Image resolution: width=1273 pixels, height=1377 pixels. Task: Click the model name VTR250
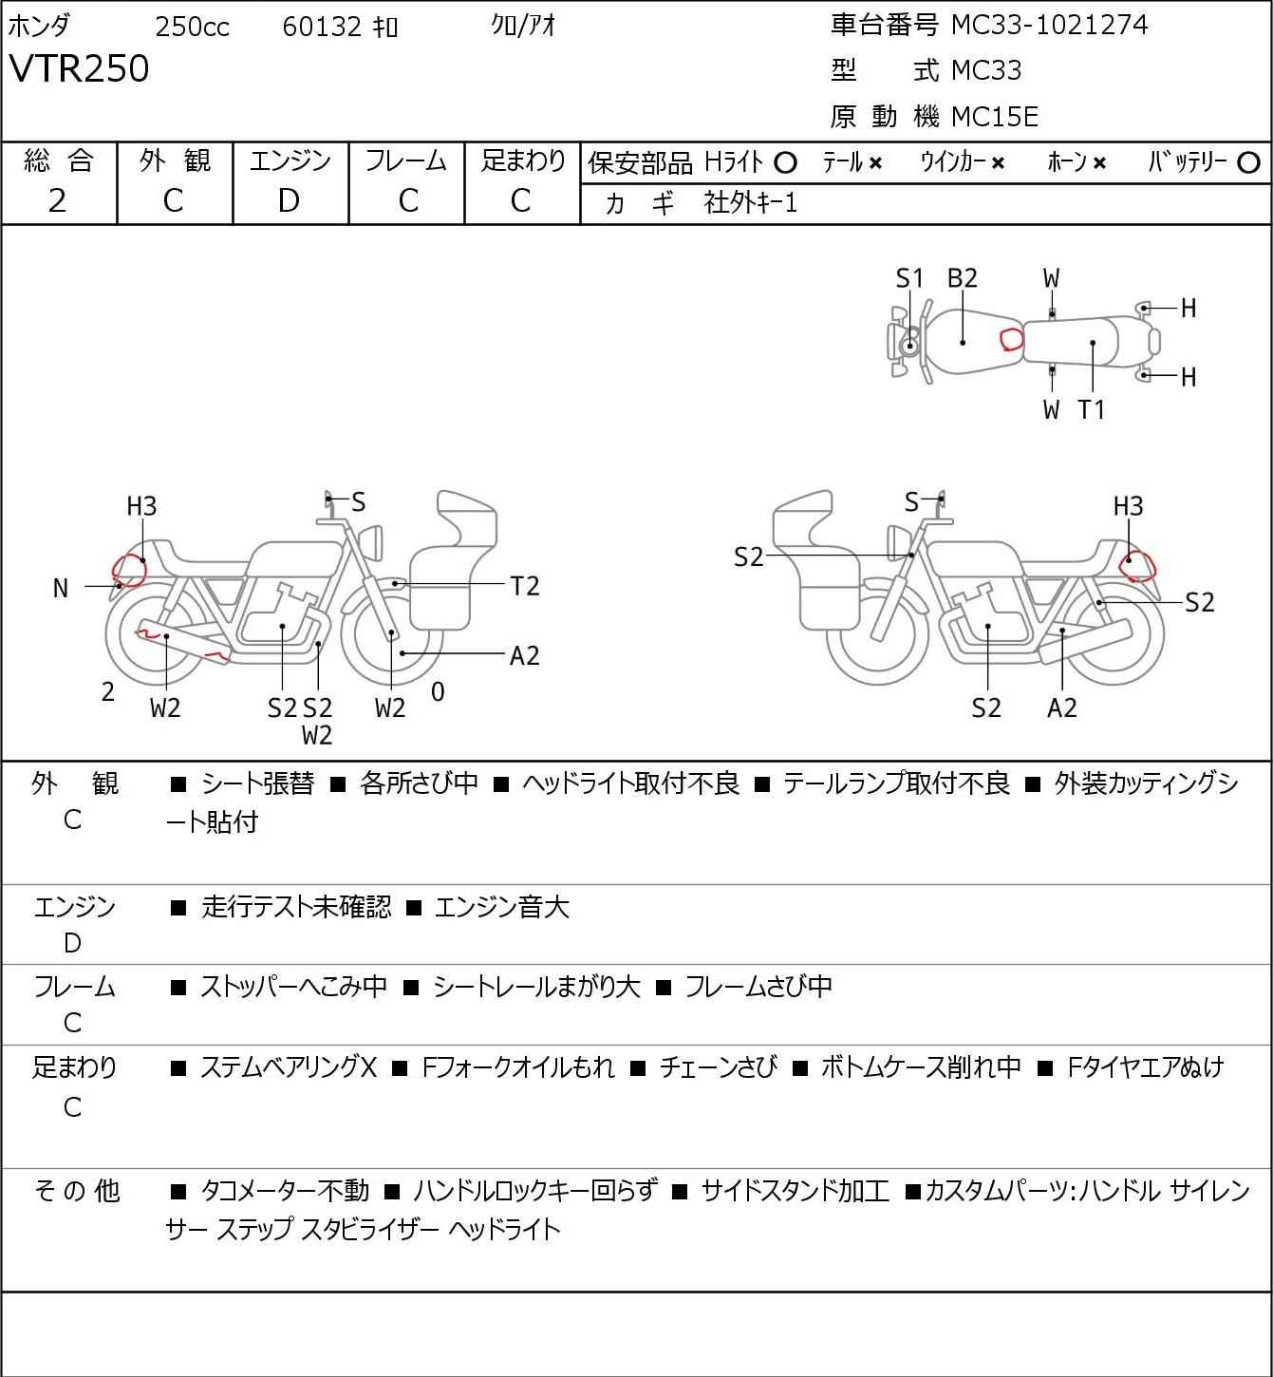coord(79,68)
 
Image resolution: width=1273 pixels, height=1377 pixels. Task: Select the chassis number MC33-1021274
coord(1049,25)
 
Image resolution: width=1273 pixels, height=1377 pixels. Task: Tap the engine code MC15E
coord(995,117)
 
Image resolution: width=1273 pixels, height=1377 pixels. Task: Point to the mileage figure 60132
coord(322,27)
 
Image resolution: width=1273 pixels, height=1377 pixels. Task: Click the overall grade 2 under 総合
coord(58,200)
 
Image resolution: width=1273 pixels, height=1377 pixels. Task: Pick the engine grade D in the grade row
coord(290,200)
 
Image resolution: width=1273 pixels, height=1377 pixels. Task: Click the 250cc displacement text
coord(192,27)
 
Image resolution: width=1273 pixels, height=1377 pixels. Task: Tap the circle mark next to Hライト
coord(785,163)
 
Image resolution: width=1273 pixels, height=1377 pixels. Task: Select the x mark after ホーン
coord(1099,163)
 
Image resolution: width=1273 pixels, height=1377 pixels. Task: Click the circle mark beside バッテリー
coord(1248,163)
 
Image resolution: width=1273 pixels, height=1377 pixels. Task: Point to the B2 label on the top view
coord(963,278)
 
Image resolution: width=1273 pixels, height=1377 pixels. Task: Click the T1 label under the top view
coord(1092,409)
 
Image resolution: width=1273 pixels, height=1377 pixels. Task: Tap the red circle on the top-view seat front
coord(1012,338)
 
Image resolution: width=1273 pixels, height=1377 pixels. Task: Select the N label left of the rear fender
coord(61,589)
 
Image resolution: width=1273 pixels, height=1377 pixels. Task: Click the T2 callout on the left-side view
coord(525,587)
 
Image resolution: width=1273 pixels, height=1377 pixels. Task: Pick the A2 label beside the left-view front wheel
coord(524,656)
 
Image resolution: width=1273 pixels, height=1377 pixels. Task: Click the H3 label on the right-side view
coord(1128,506)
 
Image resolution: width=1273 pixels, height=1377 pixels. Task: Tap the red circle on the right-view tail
coord(1138,567)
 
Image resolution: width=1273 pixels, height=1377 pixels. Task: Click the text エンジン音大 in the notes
coord(501,907)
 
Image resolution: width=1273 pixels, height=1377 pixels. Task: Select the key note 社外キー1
coord(750,203)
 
